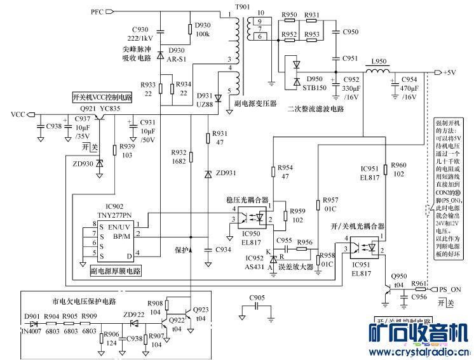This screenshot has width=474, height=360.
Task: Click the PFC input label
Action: pyautogui.click(x=97, y=12)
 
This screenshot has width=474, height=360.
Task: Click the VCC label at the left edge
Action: pyautogui.click(x=18, y=114)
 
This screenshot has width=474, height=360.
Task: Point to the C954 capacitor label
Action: pyautogui.click(x=411, y=80)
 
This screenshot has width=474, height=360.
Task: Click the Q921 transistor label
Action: pyautogui.click(x=89, y=109)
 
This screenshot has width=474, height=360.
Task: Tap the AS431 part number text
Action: pyautogui.click(x=255, y=267)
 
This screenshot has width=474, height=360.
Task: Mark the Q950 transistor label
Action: pyautogui.click(x=399, y=276)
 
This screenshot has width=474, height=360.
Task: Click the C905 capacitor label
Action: pyautogui.click(x=257, y=297)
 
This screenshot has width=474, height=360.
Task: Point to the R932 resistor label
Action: pyautogui.click(x=179, y=153)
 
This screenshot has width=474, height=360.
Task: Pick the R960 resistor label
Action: pyautogui.click(x=399, y=164)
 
